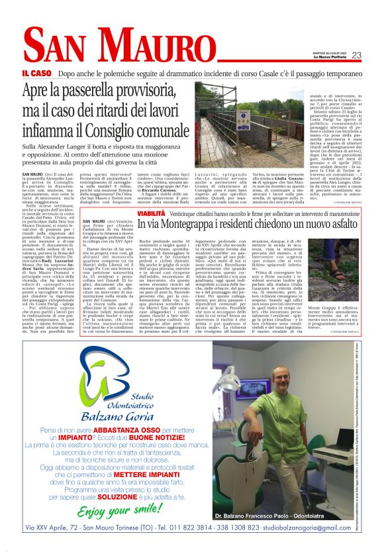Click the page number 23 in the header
pyautogui.click(x=356, y=55)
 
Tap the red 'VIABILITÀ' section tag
pyautogui.click(x=152, y=213)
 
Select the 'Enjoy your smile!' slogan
pyautogui.click(x=121, y=511)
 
